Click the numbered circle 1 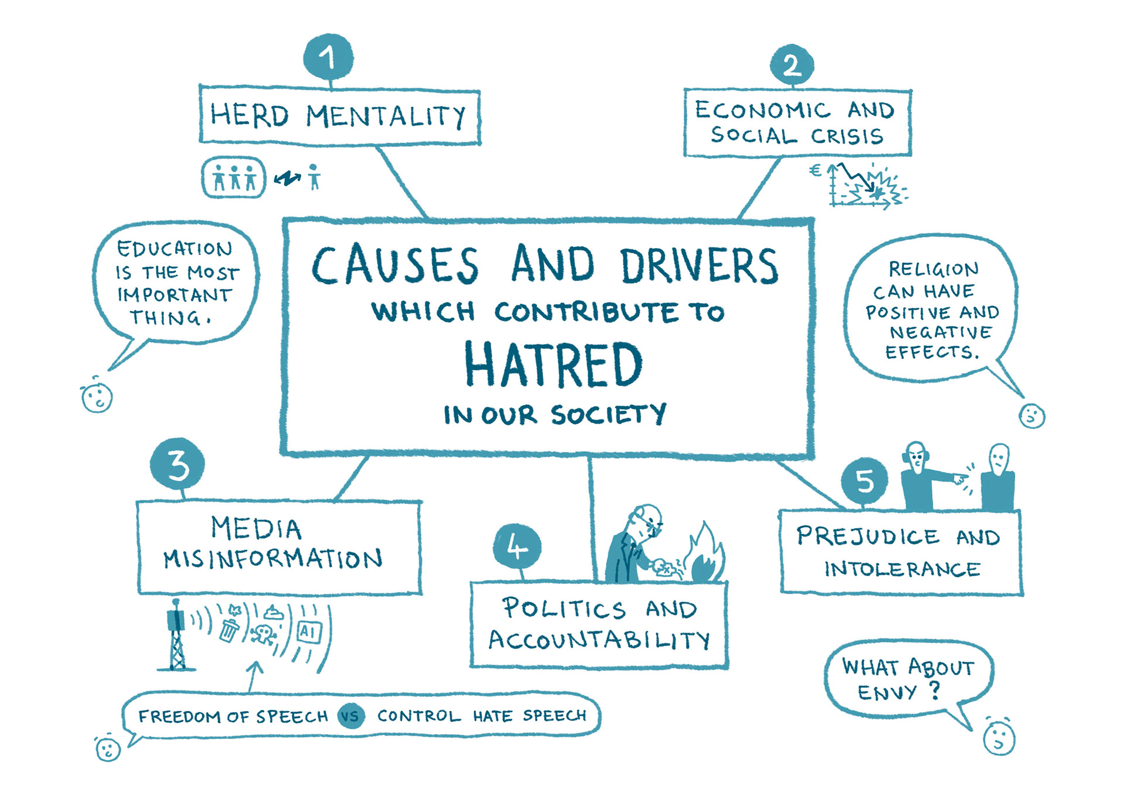pos(328,57)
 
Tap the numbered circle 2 pos(791,65)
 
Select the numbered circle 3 pos(177,465)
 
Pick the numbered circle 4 pos(517,546)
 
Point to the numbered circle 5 pos(865,480)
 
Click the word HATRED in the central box pos(553,365)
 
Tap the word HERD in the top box pos(249,115)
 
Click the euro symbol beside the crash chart pos(815,171)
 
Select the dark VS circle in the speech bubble pos(351,716)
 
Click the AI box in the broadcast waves pos(309,632)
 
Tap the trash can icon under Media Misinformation pos(229,630)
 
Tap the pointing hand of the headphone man pos(959,479)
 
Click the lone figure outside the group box pos(314,177)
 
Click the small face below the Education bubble pos(97,398)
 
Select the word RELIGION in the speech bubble pos(933,269)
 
